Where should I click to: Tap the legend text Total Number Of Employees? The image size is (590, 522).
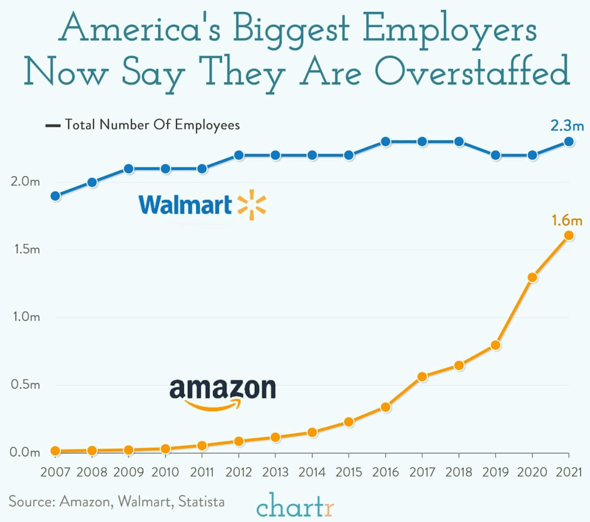152,125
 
